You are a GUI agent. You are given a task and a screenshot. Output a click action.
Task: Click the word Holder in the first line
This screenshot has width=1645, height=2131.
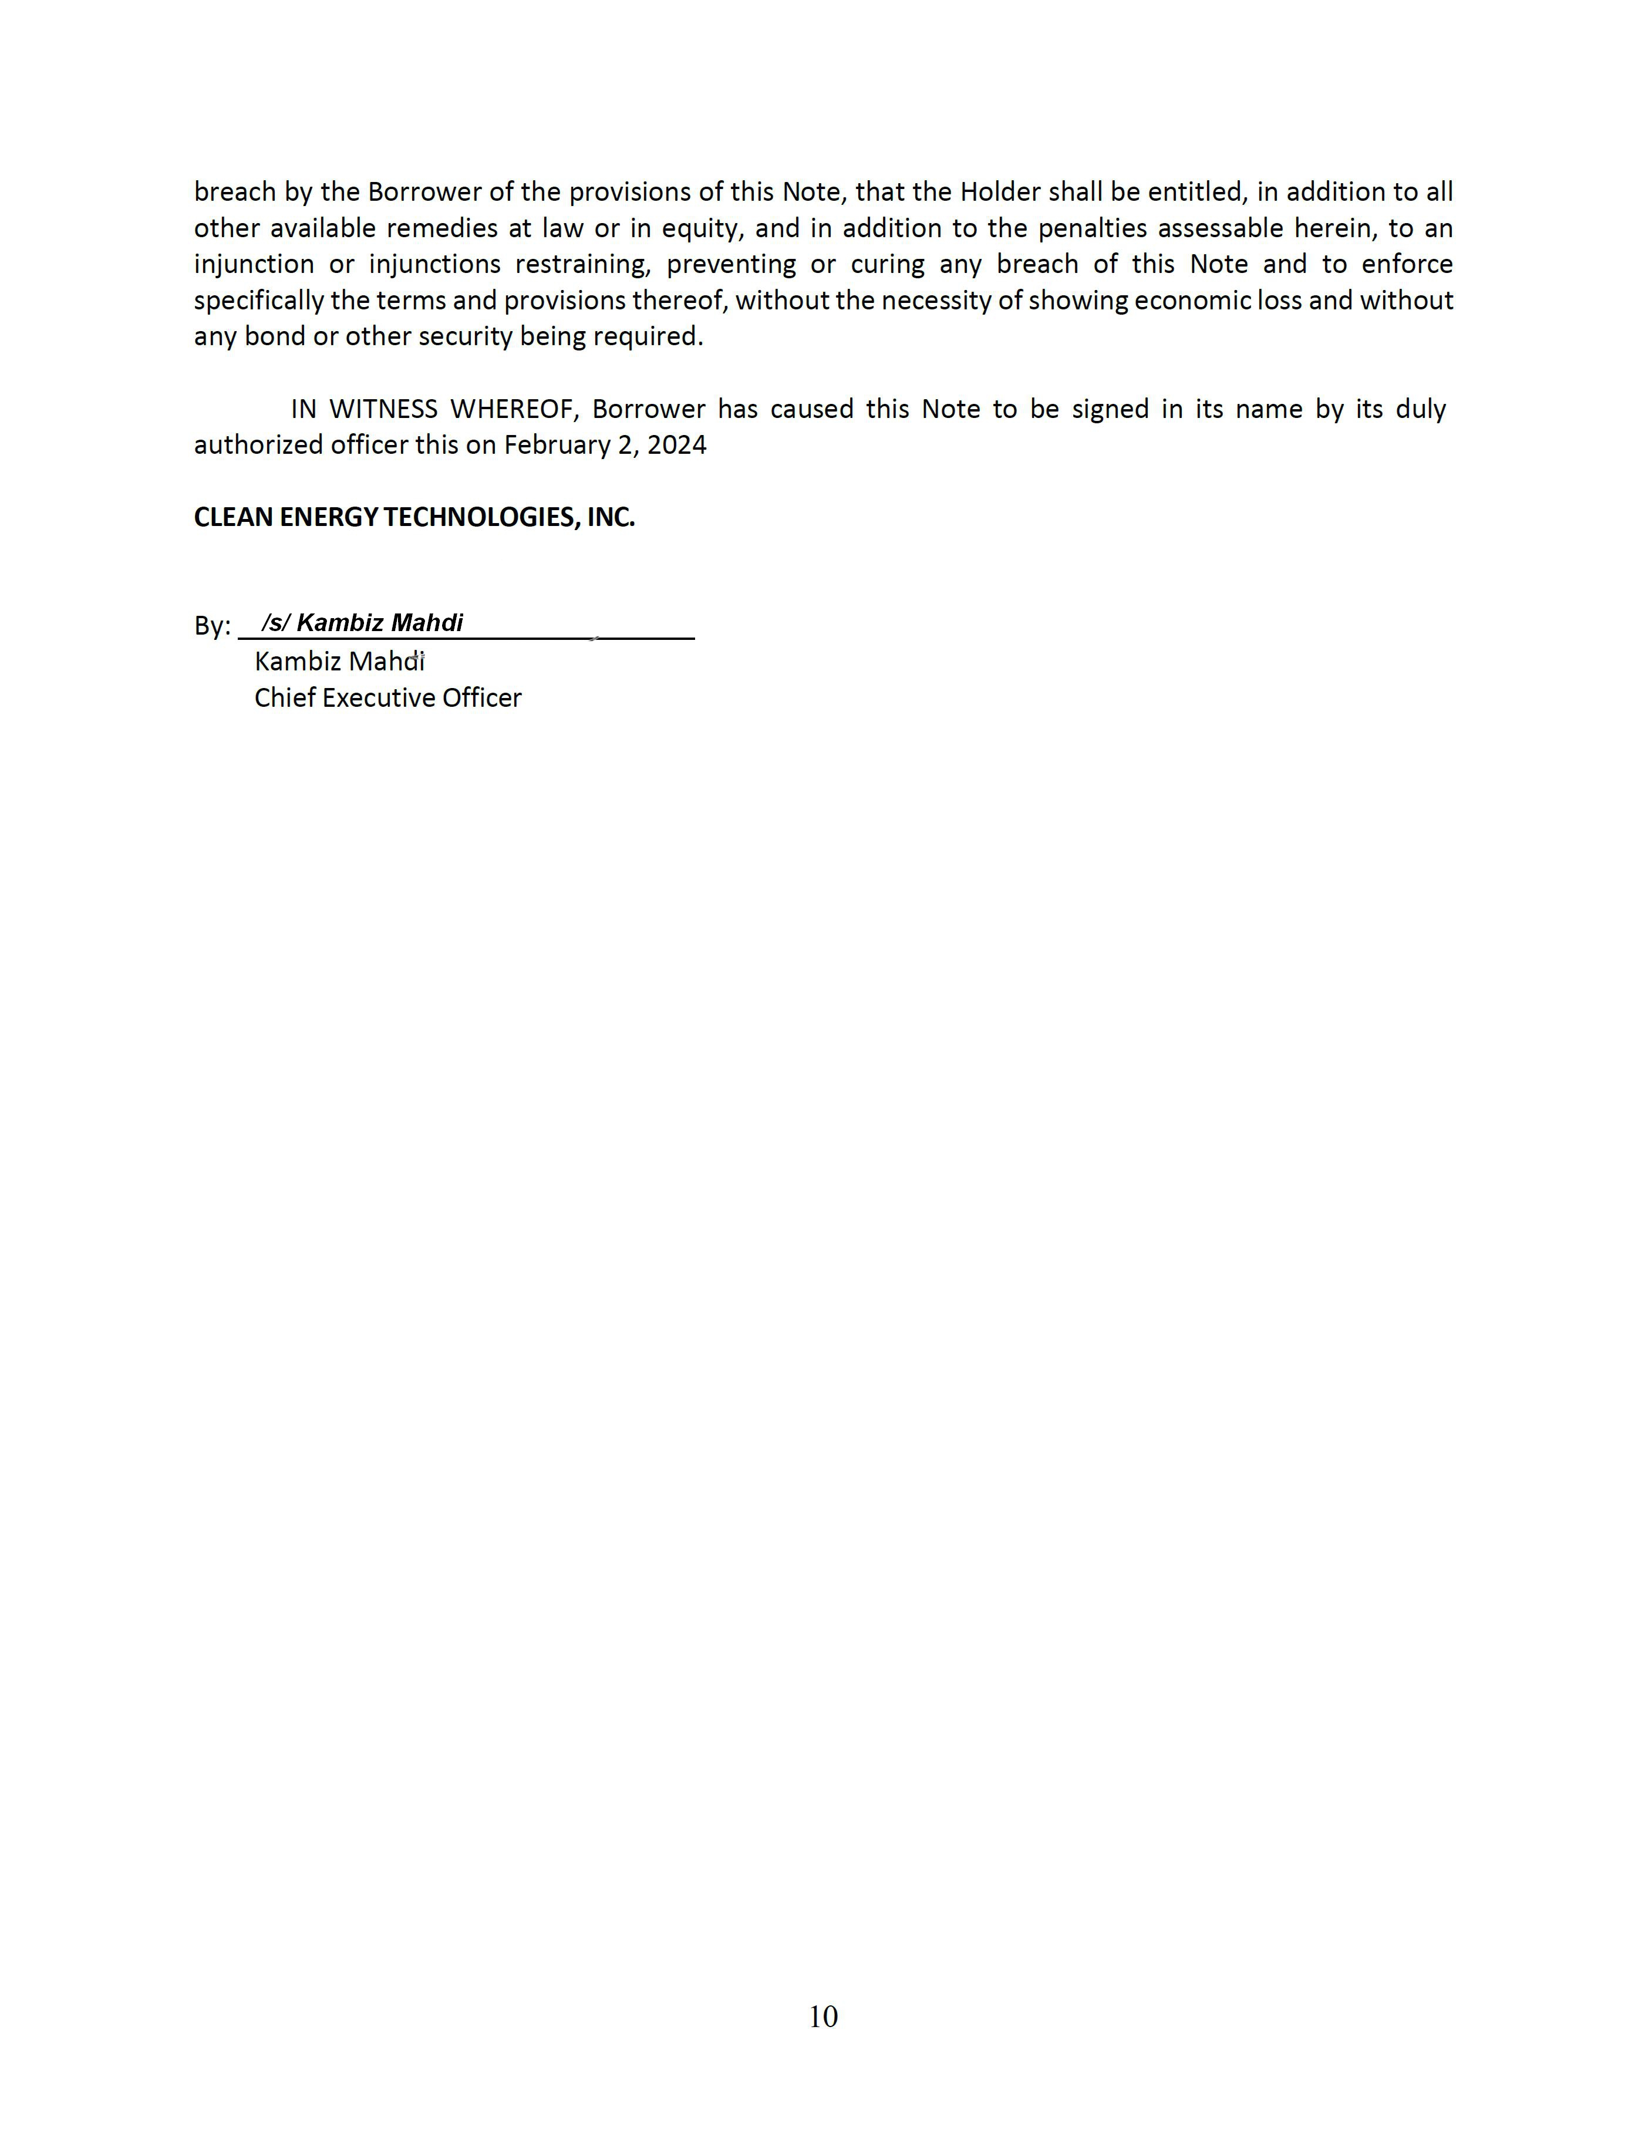click(999, 191)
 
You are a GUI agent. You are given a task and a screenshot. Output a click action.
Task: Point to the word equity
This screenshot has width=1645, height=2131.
click(703, 228)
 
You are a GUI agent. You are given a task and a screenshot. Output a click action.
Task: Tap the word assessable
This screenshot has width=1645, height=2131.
click(1219, 228)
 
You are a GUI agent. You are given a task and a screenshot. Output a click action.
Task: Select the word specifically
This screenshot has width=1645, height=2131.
click(258, 301)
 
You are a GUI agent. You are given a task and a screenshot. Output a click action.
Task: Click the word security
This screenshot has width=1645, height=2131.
click(466, 336)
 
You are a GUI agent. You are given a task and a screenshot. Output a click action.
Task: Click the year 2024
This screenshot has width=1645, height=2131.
click(676, 445)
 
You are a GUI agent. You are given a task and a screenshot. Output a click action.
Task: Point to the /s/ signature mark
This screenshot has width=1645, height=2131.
click(275, 622)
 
